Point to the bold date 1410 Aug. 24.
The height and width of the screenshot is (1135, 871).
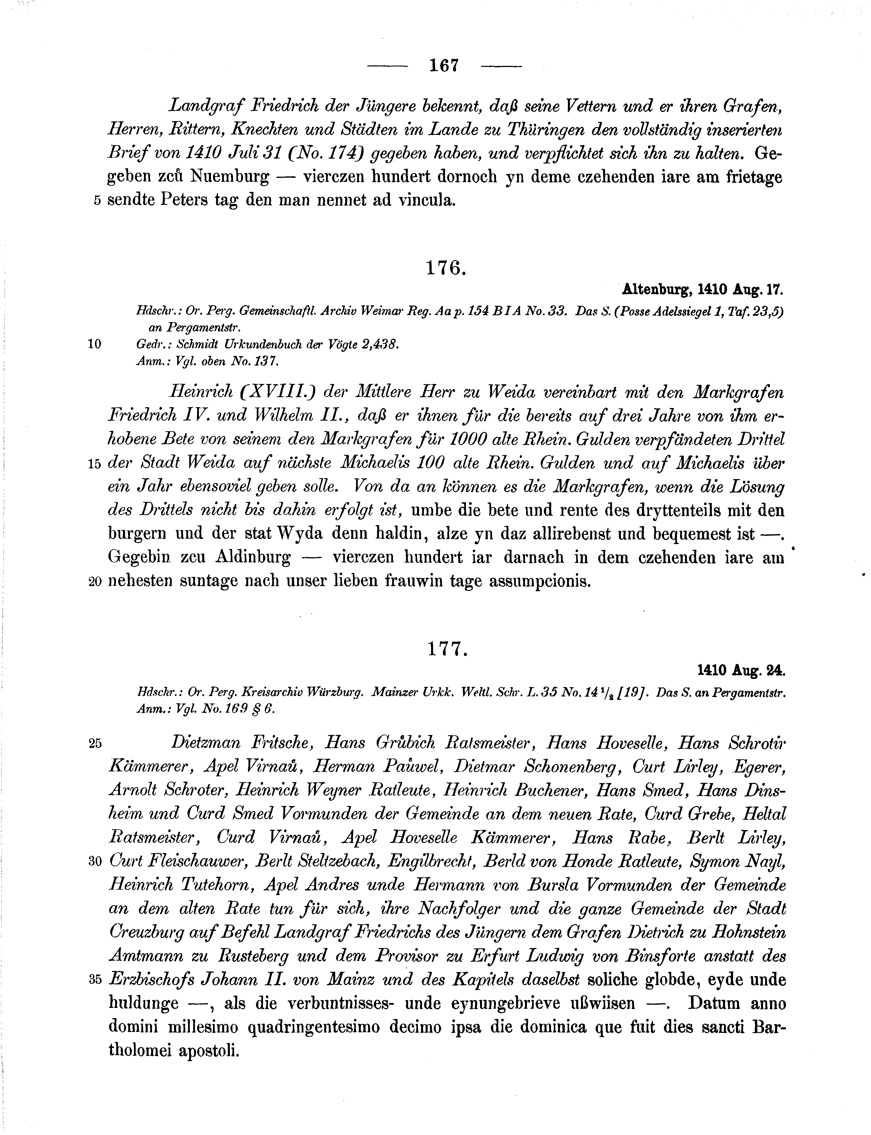click(x=741, y=671)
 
